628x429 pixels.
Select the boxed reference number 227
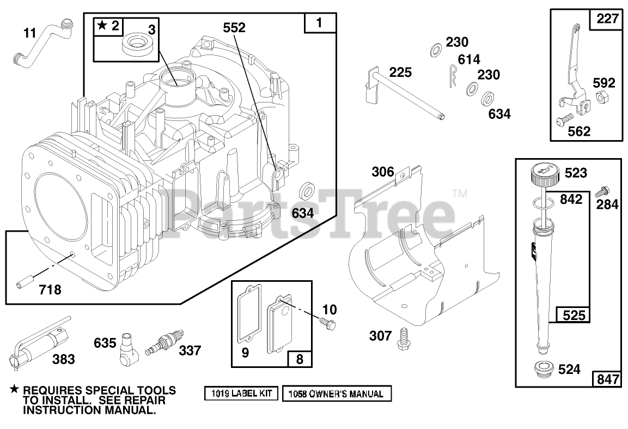[x=606, y=19]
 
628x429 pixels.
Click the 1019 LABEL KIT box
[x=242, y=394]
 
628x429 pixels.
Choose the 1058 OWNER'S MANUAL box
[x=336, y=394]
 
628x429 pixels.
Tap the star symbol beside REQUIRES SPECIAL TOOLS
[x=14, y=390]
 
